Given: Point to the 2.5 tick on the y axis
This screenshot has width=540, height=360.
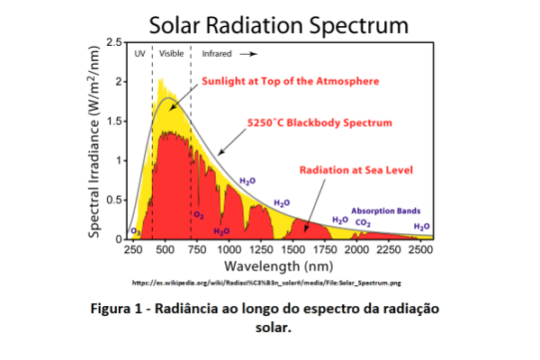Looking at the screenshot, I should tap(114, 42).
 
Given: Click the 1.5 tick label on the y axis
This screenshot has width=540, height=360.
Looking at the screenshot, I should tap(114, 121).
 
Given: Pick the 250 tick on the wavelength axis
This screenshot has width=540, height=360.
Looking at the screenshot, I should tap(133, 250).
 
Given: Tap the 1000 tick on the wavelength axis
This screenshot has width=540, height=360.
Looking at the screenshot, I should tap(229, 250).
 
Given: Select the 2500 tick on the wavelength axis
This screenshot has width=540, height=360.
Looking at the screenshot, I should tap(421, 250).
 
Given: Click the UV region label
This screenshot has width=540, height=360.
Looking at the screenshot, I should tap(139, 54).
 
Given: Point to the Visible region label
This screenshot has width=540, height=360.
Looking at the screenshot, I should tap(171, 54).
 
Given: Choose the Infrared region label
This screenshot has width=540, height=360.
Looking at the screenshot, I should tap(216, 54).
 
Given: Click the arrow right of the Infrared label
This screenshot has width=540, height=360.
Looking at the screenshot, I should tap(246, 54).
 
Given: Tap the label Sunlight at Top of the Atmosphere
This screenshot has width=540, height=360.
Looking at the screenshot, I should tap(290, 81).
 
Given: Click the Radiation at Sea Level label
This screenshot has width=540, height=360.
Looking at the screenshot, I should tap(349, 168).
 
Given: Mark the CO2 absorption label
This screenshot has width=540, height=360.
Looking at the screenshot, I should tap(364, 221).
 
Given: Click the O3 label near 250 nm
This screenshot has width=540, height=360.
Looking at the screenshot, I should tap(135, 231).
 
